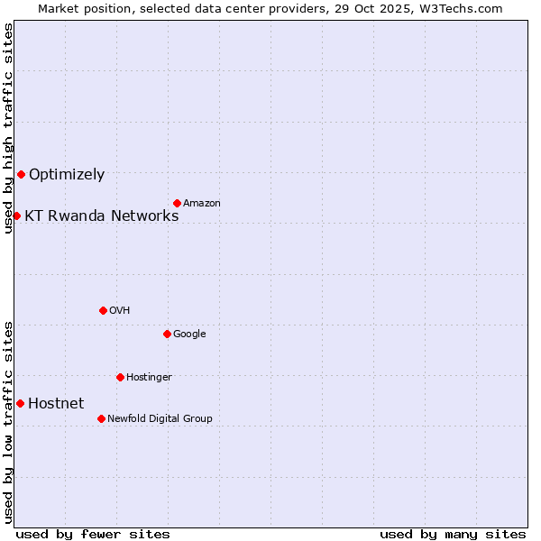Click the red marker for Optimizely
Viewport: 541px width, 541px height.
pos(21,174)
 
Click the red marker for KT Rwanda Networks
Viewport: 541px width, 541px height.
pos(16,215)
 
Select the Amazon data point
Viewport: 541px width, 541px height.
pos(177,203)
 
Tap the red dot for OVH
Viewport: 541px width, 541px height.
pos(103,310)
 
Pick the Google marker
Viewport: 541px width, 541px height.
pos(167,334)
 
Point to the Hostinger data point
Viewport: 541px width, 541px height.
pos(120,377)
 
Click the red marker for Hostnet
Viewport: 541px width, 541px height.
pos(20,403)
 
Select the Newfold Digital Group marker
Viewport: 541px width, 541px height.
pos(101,418)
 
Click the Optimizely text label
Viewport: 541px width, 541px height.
pos(67,175)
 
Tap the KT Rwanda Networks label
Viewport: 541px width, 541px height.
pos(101,215)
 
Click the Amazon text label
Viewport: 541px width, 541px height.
pos(202,204)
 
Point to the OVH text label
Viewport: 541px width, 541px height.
pos(120,311)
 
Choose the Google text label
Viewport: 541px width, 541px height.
pos(189,335)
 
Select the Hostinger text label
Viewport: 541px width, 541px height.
pos(149,378)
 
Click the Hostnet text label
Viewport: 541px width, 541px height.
pos(56,404)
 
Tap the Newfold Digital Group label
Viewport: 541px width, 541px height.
pos(160,419)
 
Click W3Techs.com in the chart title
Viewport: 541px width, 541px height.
pos(461,8)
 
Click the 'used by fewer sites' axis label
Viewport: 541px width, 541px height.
pos(93,534)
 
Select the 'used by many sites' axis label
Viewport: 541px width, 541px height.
pos(453,534)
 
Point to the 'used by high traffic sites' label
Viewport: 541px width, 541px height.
pos(8,128)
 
